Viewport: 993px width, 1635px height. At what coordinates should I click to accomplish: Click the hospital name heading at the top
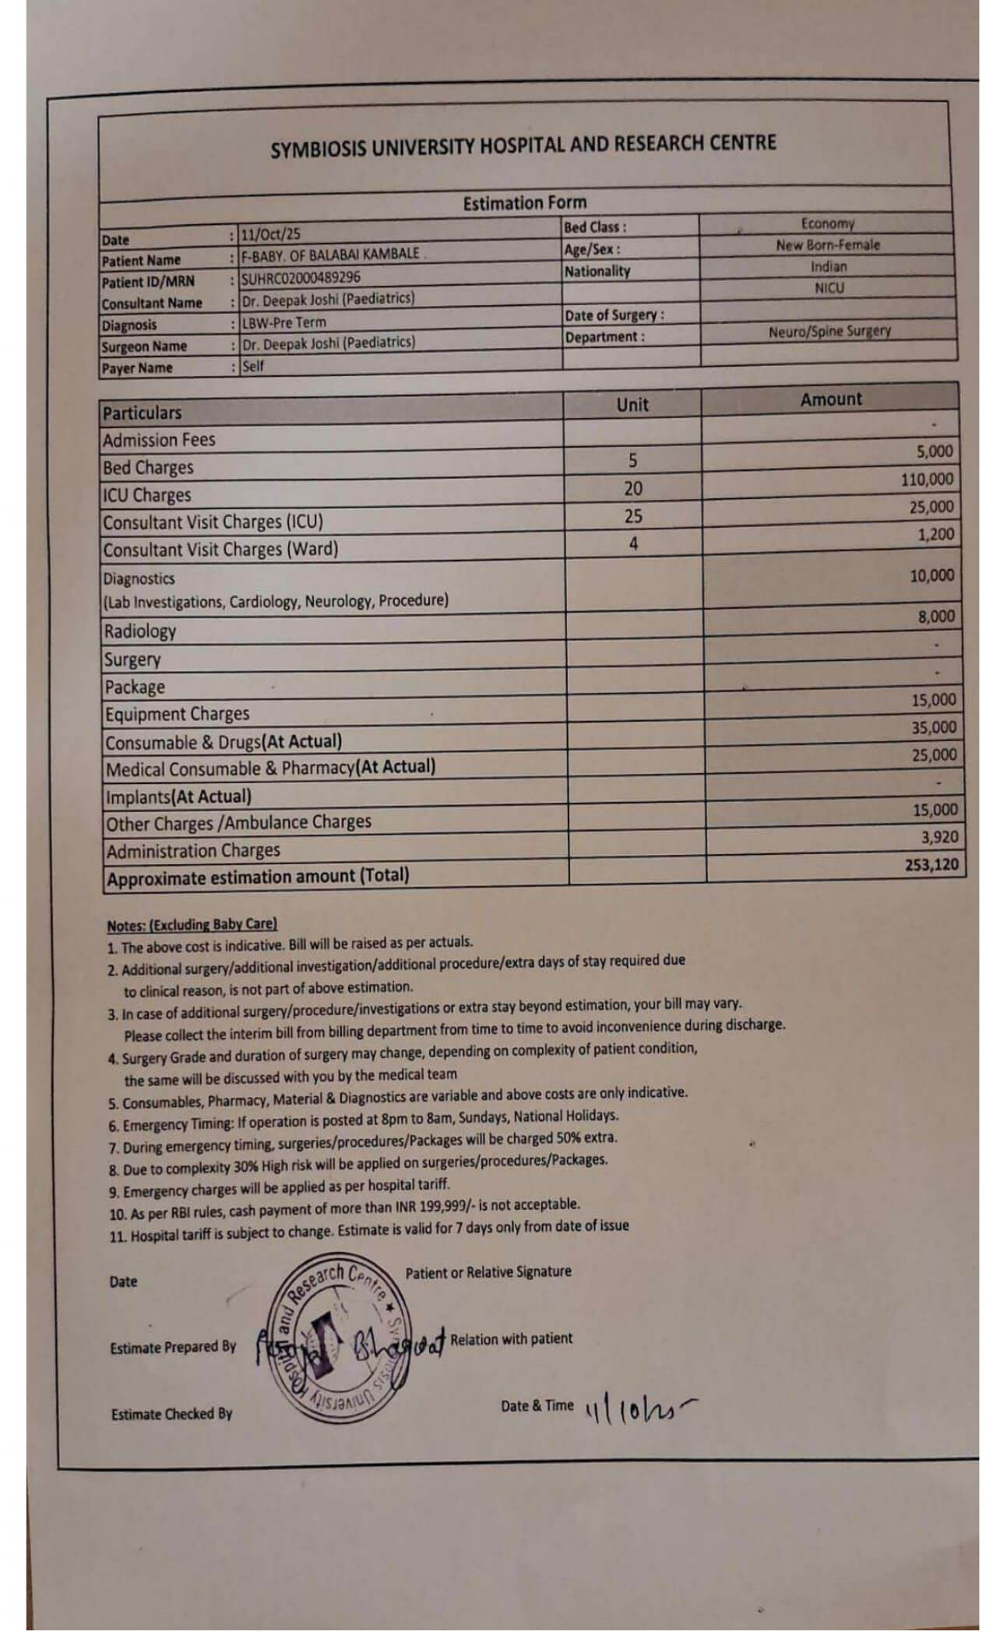(x=523, y=146)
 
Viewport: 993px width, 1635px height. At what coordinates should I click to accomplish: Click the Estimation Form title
(x=524, y=203)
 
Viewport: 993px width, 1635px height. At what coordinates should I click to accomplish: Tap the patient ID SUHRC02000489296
(x=301, y=277)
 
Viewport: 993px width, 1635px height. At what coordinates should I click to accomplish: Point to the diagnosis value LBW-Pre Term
(x=283, y=322)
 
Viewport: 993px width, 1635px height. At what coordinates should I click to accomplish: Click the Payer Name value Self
(x=253, y=365)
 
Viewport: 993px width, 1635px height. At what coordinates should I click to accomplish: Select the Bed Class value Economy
(x=827, y=223)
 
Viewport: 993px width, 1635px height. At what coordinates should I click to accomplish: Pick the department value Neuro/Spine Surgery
(x=829, y=331)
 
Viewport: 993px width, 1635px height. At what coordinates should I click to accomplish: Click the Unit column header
(x=632, y=404)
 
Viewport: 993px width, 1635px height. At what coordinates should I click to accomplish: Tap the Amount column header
(x=830, y=399)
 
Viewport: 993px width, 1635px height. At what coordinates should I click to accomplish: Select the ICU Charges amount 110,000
(x=927, y=480)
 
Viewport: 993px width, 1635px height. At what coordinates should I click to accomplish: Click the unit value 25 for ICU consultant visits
(x=633, y=516)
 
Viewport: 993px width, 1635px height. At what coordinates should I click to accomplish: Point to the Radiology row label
(x=140, y=631)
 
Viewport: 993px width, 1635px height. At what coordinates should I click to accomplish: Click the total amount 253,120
(x=931, y=864)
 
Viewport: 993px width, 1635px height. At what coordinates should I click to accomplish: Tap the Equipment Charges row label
(x=178, y=714)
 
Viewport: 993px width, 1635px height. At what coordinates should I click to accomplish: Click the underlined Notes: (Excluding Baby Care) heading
(x=192, y=925)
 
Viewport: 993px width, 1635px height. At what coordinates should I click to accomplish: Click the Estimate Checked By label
(x=171, y=1414)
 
